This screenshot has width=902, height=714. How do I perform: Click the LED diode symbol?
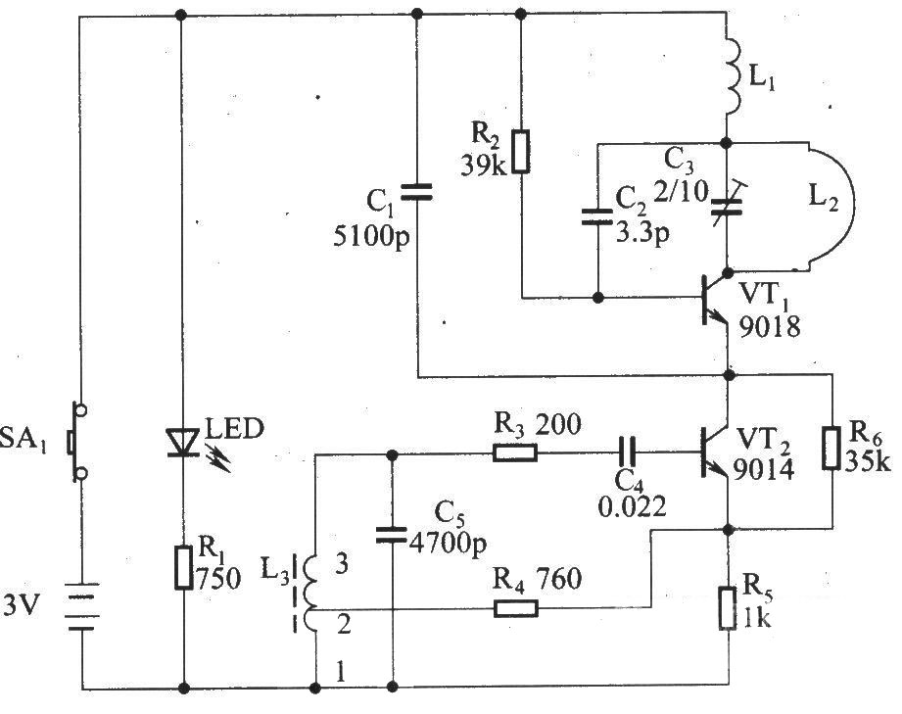coord(184,443)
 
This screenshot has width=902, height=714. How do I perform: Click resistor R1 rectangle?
coord(183,568)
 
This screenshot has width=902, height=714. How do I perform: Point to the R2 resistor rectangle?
coord(521,152)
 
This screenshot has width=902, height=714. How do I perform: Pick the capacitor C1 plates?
coord(416,192)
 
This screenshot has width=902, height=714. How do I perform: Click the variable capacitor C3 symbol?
coord(727,206)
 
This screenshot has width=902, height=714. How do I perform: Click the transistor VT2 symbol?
coord(714,452)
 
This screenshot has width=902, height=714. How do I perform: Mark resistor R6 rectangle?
coord(831,449)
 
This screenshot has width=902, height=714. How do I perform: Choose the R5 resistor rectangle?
coord(728,608)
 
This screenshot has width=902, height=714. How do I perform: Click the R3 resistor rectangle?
coord(515,452)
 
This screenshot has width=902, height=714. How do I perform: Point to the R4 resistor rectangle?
coord(516,608)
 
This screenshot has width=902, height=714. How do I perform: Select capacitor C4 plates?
coord(627,452)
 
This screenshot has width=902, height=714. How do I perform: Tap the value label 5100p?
coord(371,236)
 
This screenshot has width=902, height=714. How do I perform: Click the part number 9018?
coord(770,327)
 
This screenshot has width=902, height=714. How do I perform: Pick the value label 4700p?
coord(448,543)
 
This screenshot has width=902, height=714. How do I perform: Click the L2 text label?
coord(824,198)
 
